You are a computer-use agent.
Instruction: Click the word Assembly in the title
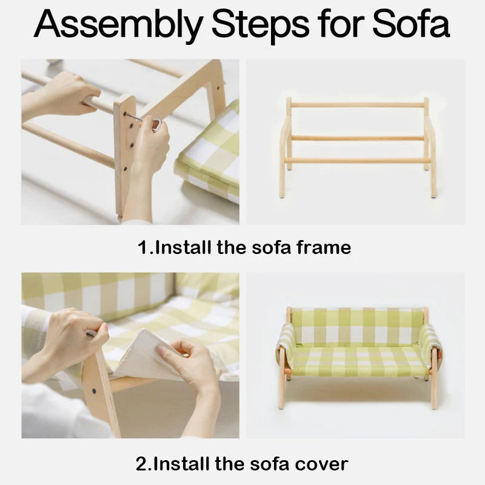(118, 25)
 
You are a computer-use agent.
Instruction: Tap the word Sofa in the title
(411, 22)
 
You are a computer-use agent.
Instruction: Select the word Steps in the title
(260, 25)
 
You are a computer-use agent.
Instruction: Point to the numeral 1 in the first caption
(144, 247)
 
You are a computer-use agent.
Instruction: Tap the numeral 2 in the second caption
(142, 464)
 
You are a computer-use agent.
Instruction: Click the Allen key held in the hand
(145, 121)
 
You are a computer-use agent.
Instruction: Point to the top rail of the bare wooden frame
(358, 105)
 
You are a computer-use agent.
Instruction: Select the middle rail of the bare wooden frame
(358, 138)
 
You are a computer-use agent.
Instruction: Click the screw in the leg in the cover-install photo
(94, 391)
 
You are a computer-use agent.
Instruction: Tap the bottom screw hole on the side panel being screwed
(125, 169)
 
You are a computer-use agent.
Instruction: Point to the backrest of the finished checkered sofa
(358, 327)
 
